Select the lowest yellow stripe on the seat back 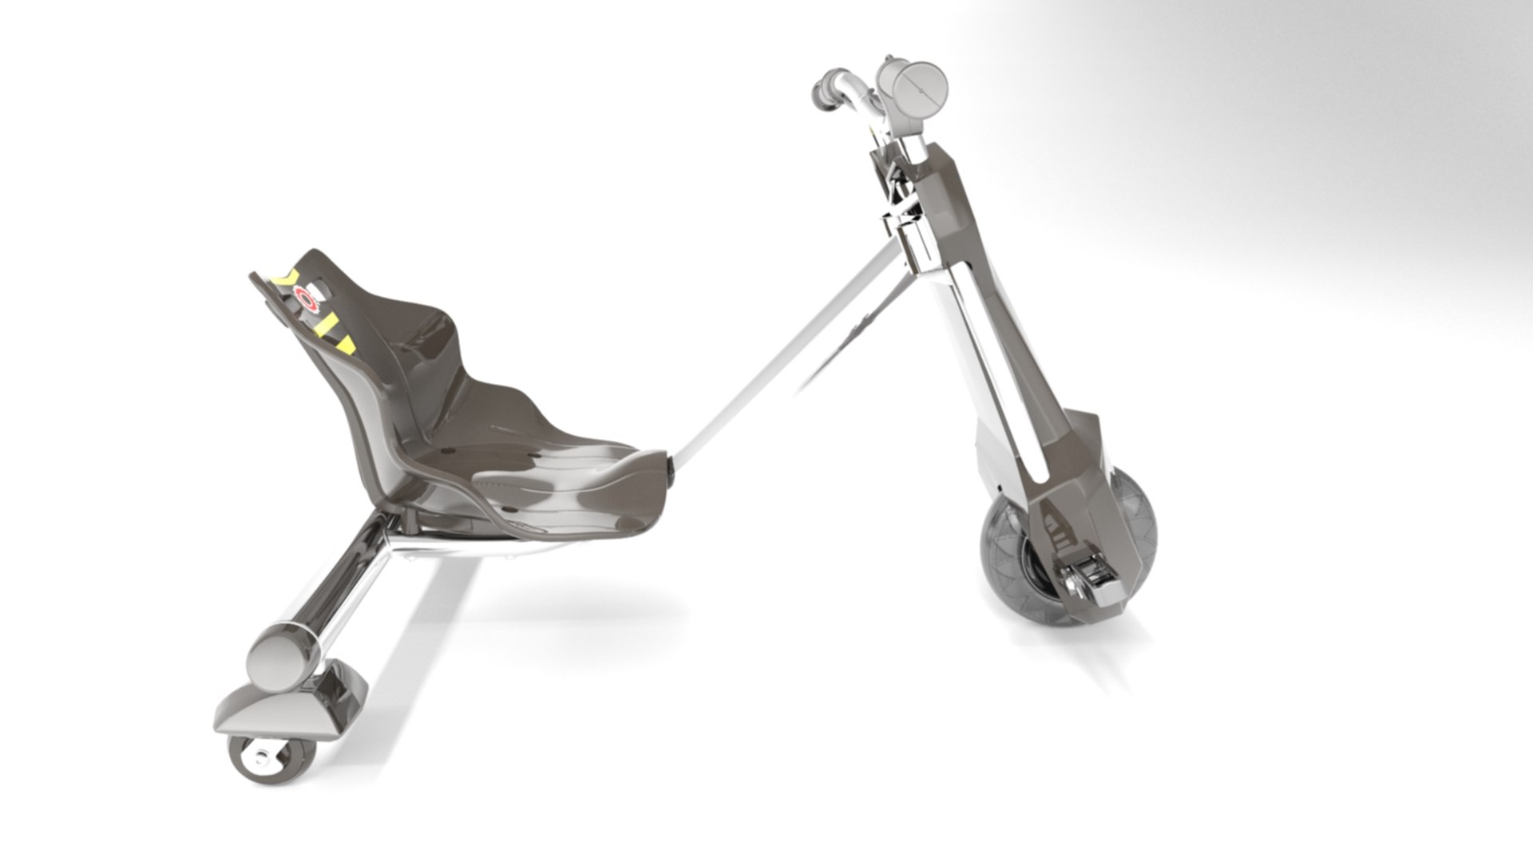pos(345,344)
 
